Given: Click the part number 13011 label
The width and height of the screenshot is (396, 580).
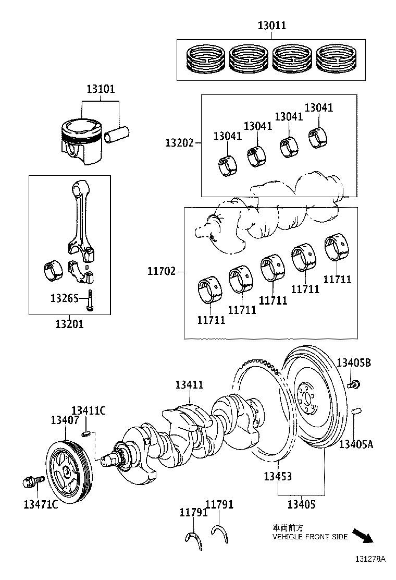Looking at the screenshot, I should point(271,25).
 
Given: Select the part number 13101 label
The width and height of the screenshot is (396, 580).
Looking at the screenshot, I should point(100,89).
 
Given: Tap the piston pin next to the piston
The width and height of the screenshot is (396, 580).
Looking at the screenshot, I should point(116,136).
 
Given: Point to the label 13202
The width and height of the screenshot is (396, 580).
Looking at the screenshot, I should point(179,143).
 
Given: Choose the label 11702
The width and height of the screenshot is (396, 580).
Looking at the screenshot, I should point(161,271).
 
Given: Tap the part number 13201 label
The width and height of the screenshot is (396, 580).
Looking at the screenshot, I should point(69,324).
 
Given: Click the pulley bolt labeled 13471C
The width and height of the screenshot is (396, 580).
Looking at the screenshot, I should point(29,482).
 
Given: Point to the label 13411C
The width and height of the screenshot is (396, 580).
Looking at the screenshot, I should point(89,410).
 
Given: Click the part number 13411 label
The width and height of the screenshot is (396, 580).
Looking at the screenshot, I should point(189,385).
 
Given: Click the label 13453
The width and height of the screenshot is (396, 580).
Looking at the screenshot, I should point(277,476).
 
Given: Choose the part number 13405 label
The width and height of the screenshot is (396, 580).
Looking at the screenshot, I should point(302,504).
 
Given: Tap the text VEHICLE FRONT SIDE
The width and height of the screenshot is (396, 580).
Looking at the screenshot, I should point(310,537).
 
